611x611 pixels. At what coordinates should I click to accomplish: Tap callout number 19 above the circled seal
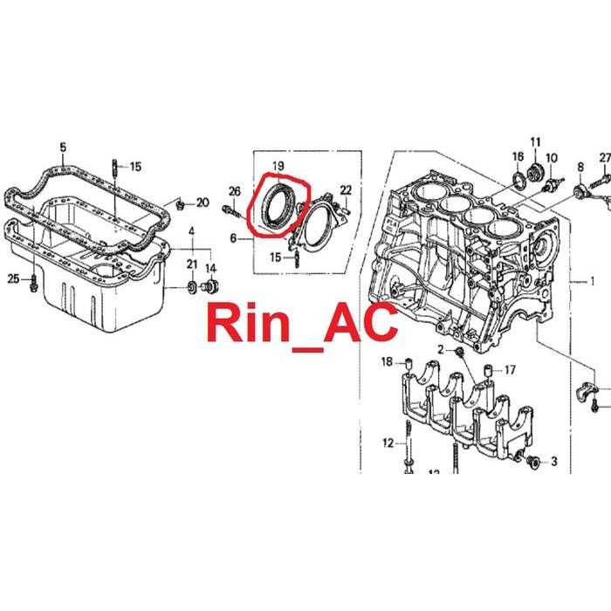[278, 166]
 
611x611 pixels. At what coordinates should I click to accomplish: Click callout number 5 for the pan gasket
[63, 148]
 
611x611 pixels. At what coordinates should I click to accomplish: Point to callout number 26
[235, 191]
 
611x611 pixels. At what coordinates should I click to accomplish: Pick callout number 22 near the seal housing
[346, 189]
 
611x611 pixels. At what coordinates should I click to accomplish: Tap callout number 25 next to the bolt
[13, 279]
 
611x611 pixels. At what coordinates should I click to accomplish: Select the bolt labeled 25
[33, 284]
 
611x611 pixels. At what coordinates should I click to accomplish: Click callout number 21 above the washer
[192, 264]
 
